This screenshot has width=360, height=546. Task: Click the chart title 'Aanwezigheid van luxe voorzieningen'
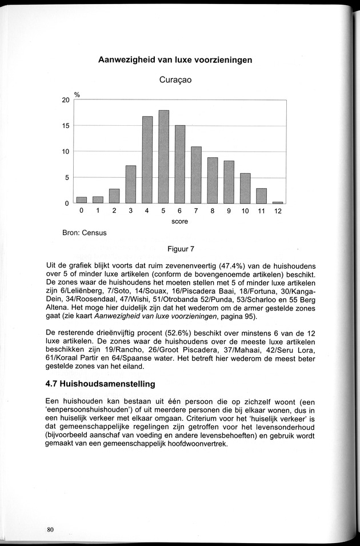[175, 59]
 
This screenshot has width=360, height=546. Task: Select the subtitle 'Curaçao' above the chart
[175, 80]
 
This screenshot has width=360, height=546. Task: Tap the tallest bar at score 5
[163, 157]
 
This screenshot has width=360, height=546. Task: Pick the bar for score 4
[147, 160]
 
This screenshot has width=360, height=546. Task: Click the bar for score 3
[131, 184]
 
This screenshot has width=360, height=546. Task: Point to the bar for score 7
[196, 175]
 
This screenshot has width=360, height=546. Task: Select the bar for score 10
[245, 188]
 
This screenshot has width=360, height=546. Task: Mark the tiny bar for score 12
[278, 202]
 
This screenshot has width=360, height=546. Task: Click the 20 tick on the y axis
[66, 100]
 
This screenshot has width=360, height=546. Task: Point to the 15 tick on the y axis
[66, 126]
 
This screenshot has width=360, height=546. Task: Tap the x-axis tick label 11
[261, 211]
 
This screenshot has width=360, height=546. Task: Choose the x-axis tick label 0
[82, 211]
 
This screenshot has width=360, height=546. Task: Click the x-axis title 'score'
[179, 221]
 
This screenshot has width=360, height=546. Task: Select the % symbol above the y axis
[76, 94]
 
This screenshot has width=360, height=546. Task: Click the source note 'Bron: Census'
[85, 233]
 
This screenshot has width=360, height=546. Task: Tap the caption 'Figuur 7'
[181, 249]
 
